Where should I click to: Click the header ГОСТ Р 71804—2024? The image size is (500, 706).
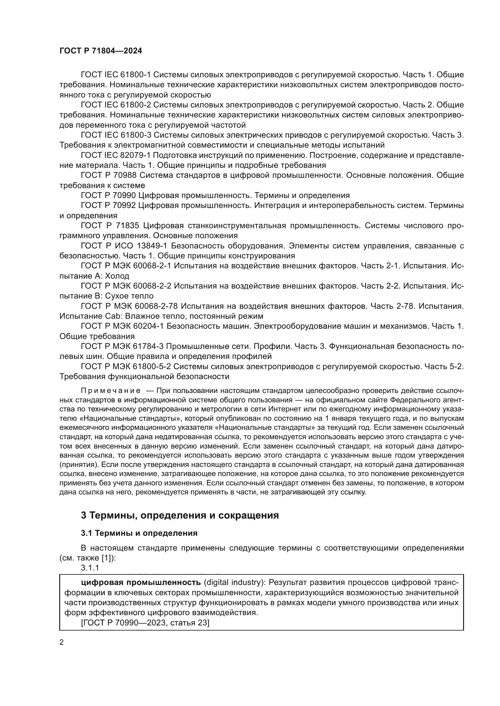click(x=101, y=51)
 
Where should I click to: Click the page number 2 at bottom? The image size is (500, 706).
click(x=62, y=642)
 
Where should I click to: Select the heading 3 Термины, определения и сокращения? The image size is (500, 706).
click(x=180, y=515)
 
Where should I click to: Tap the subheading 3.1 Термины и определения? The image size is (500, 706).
click(x=139, y=533)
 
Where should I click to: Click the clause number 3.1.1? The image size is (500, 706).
click(x=90, y=568)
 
